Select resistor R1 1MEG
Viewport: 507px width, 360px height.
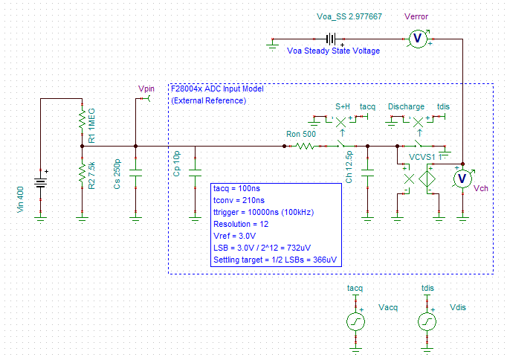point(81,120)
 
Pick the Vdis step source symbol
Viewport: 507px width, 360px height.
point(427,321)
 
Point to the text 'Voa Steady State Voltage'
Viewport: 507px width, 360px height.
point(333,51)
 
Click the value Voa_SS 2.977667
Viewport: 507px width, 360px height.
point(349,16)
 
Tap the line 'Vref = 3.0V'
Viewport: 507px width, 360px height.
point(236,235)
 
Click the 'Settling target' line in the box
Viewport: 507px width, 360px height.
point(274,259)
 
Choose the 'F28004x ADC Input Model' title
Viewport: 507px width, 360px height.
point(216,89)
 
